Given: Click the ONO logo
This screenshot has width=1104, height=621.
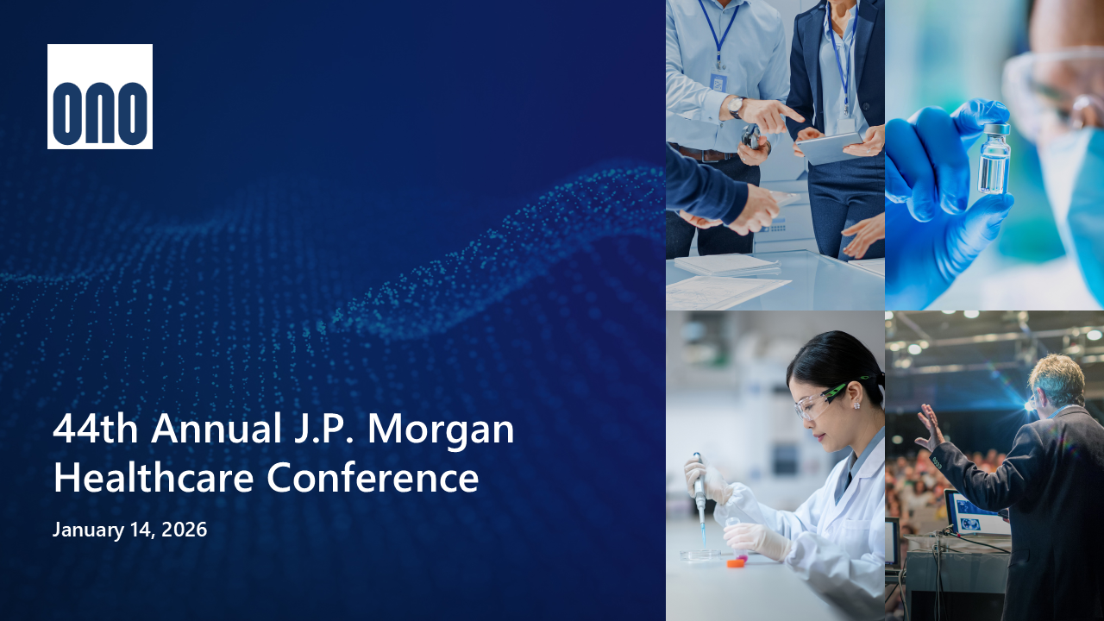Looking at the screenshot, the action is (x=100, y=97).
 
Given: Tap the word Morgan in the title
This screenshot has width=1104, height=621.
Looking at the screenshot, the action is (x=441, y=429).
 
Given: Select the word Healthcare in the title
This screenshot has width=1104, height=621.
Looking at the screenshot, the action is (x=154, y=477).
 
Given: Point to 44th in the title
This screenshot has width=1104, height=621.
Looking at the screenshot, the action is (x=95, y=429).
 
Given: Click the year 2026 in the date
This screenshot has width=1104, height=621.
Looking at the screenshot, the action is (x=185, y=530).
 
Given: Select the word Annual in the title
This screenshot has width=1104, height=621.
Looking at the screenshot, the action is (x=216, y=429).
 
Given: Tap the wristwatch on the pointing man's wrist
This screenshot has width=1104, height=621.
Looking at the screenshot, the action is (x=736, y=106).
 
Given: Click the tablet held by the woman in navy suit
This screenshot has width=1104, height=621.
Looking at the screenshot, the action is (x=830, y=147).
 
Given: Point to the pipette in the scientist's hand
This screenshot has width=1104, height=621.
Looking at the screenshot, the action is (x=699, y=498).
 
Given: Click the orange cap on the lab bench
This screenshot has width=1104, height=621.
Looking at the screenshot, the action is (x=736, y=563).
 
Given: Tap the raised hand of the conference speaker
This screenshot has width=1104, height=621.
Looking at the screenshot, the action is (x=929, y=427).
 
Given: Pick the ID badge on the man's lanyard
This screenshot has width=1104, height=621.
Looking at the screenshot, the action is (x=718, y=82).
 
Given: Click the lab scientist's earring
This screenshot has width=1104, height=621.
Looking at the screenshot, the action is (x=856, y=405).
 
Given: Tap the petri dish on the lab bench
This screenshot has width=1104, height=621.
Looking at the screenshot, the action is (x=700, y=555).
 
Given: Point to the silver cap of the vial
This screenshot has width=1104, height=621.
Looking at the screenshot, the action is (x=997, y=129).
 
